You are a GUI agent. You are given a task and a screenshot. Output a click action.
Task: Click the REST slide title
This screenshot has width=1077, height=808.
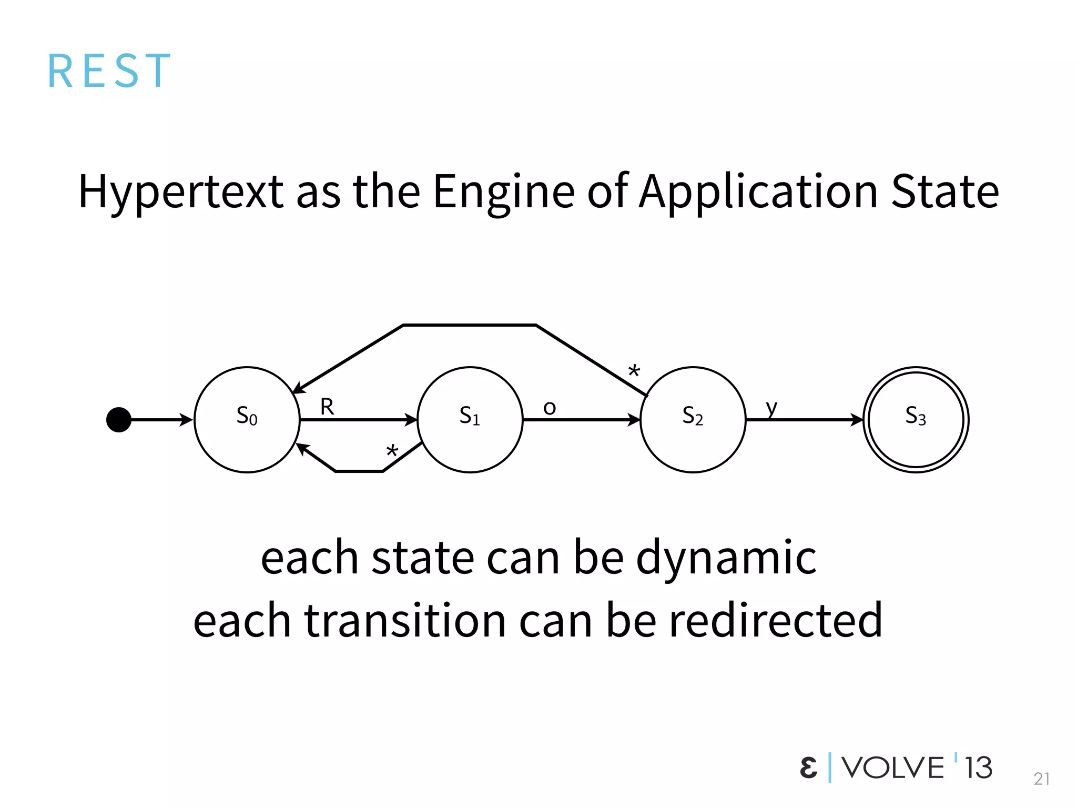click(109, 71)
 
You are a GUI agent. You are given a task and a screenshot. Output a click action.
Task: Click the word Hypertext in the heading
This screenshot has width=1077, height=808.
click(181, 192)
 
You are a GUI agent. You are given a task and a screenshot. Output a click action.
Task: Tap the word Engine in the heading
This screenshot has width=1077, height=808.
click(503, 192)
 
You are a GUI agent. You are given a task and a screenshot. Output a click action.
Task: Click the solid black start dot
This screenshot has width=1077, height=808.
click(119, 420)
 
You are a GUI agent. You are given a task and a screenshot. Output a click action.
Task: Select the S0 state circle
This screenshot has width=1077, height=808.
click(247, 420)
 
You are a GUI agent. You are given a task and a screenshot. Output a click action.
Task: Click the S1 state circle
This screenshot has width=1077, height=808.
click(470, 420)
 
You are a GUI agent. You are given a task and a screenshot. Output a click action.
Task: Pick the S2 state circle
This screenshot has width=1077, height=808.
click(693, 420)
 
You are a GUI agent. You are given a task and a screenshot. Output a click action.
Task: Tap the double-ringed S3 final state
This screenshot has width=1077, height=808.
click(916, 420)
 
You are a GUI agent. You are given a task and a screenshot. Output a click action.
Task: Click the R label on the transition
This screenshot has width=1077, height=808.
click(327, 407)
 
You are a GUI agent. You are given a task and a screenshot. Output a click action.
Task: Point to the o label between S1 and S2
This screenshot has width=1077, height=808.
click(550, 408)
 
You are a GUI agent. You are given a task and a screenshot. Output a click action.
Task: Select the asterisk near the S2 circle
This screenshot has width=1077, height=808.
click(635, 371)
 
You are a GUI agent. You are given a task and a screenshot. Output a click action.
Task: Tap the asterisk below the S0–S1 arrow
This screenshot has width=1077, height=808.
click(392, 451)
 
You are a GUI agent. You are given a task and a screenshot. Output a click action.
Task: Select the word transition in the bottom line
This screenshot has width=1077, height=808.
click(405, 621)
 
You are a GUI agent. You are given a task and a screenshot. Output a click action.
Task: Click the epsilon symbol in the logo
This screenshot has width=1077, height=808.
click(808, 767)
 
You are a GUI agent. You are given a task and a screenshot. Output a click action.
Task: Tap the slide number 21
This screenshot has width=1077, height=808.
click(1041, 779)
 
